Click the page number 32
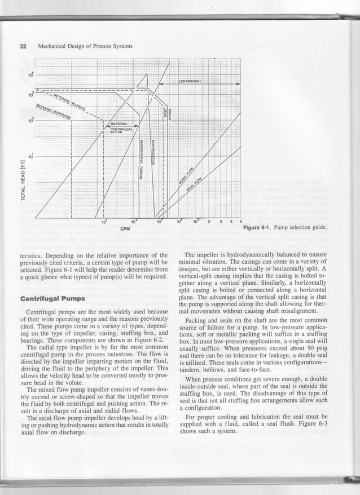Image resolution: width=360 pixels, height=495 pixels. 23,45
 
